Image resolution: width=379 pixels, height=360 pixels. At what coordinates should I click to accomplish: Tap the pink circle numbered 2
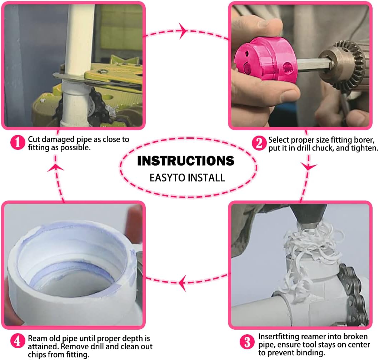[x=259, y=143]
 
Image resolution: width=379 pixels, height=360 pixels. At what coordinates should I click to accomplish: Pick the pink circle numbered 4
[x=18, y=341]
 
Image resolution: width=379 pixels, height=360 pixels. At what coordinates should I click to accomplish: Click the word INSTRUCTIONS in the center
[x=186, y=161]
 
